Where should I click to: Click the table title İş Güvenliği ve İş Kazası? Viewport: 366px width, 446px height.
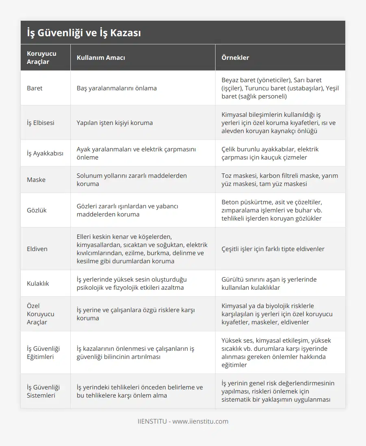[84, 33]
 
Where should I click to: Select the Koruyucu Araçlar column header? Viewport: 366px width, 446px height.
[41, 57]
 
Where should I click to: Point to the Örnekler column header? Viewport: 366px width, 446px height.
[235, 57]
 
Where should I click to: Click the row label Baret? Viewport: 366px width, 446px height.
[35, 88]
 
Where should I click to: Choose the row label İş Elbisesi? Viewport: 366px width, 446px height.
[40, 122]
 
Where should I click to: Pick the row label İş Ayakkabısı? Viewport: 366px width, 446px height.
[45, 153]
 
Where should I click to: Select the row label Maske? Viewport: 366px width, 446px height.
[36, 179]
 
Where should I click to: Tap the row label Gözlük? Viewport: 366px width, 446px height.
[37, 210]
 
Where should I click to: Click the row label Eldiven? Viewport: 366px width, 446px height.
[37, 249]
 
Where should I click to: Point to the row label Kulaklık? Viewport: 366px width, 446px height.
[38, 283]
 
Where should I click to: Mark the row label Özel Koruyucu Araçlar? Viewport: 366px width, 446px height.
[40, 314]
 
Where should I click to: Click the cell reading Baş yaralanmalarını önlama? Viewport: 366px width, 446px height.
[117, 88]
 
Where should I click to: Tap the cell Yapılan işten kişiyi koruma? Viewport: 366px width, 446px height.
[115, 122]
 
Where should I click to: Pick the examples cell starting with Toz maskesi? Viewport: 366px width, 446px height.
[280, 179]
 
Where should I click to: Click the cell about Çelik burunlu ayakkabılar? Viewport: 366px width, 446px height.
[270, 153]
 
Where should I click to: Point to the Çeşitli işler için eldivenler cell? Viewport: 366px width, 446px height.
[273, 249]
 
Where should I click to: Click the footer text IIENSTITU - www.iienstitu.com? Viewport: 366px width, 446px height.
[183, 421]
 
